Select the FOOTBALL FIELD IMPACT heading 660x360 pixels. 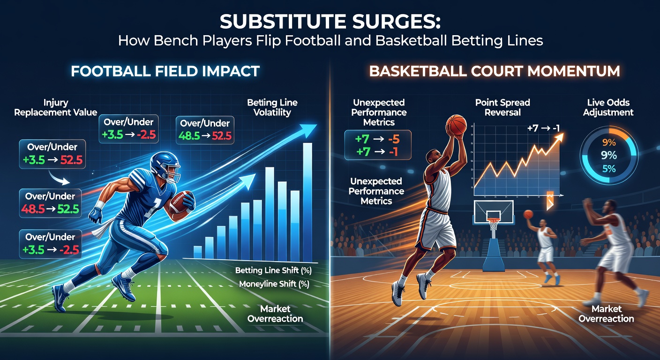click(165, 71)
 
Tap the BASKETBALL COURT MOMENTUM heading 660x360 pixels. click(495, 71)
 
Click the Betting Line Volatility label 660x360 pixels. click(272, 107)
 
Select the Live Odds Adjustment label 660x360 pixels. click(609, 107)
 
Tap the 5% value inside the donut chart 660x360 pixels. click(609, 169)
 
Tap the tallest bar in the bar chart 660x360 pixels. click(307, 202)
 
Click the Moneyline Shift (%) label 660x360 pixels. click(274, 284)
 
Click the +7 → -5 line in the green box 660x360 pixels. click(377, 139)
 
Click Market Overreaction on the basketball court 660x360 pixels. click(606, 314)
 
